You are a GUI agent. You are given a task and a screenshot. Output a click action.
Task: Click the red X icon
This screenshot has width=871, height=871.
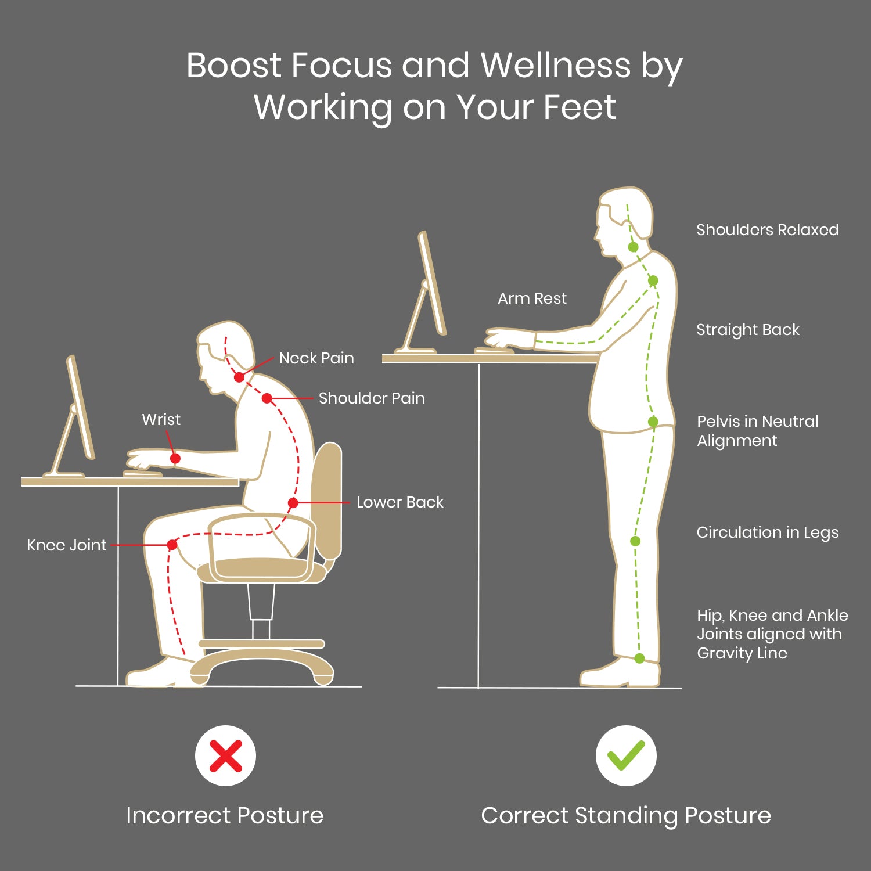[x=225, y=756]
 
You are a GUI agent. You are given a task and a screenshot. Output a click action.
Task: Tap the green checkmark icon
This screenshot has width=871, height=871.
[x=626, y=755]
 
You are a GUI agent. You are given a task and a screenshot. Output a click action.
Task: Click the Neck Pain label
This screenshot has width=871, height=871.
[x=316, y=358]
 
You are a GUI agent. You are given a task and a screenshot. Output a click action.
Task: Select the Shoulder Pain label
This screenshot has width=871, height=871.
[x=372, y=398]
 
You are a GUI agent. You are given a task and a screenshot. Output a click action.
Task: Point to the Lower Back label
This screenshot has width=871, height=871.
[x=400, y=502]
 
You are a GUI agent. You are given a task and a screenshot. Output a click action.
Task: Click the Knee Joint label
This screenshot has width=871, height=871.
[x=67, y=545]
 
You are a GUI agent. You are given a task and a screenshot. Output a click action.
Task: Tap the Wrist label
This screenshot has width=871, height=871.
[x=161, y=419]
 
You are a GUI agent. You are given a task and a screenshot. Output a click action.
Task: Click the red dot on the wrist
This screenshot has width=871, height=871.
[x=175, y=459]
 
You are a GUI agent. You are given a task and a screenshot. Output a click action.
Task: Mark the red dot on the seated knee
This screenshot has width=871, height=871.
[x=172, y=545]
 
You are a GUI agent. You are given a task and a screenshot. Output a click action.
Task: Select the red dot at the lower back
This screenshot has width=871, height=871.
[x=293, y=503]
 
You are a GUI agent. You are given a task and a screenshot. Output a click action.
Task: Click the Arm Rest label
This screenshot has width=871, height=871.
[x=532, y=298]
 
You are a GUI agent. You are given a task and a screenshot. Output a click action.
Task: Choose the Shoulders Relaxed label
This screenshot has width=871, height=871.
[x=768, y=230]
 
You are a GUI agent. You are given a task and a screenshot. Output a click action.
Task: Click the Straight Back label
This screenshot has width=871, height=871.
[x=748, y=330]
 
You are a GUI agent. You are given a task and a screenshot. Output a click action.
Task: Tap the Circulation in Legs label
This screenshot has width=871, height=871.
[x=768, y=532]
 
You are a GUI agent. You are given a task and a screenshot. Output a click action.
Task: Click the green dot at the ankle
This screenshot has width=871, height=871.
[x=639, y=658]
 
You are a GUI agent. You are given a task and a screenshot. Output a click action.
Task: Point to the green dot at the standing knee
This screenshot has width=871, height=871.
[x=635, y=541]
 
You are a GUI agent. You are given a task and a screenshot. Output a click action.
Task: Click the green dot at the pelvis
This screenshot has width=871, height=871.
[x=653, y=422]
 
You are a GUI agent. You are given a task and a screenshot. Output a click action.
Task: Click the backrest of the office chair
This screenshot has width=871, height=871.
[x=326, y=501]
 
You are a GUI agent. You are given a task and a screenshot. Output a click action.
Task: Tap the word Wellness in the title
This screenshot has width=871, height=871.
[x=556, y=65]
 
